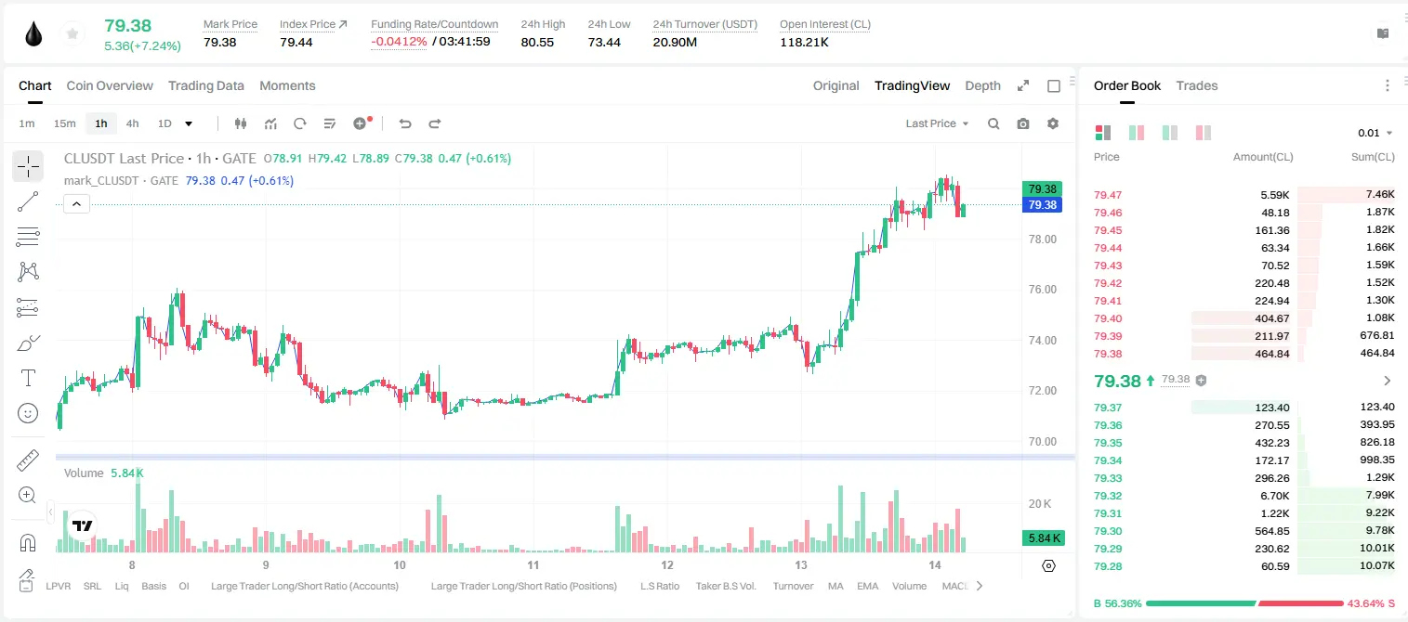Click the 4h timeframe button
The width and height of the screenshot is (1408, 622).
pos(132,123)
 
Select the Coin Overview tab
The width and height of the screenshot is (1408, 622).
pos(110,85)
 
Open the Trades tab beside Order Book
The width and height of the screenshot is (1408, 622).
pos(1196,85)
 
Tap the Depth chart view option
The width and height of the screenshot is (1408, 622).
pos(982,85)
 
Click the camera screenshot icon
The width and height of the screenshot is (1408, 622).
pos(1022,123)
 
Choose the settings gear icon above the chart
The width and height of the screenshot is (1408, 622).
pos(1053,123)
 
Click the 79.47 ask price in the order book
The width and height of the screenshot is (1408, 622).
pos(1108,195)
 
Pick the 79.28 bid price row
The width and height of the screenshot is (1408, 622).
pos(1108,566)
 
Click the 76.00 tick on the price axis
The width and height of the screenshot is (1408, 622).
pos(1042,290)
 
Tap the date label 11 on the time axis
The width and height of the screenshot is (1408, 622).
pos(533,564)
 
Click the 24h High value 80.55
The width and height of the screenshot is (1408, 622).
pos(537,42)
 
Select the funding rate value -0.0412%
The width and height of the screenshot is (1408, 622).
pos(399,42)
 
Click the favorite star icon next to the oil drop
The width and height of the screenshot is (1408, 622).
pos(72,33)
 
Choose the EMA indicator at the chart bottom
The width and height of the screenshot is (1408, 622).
pos(867,586)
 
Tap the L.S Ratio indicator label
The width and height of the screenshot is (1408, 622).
pos(659,586)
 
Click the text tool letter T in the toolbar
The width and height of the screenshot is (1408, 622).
pos(28,378)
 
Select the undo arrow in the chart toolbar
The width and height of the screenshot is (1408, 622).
pos(405,123)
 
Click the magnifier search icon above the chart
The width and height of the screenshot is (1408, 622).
pos(993,123)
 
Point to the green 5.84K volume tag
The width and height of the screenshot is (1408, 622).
pos(1044,538)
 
